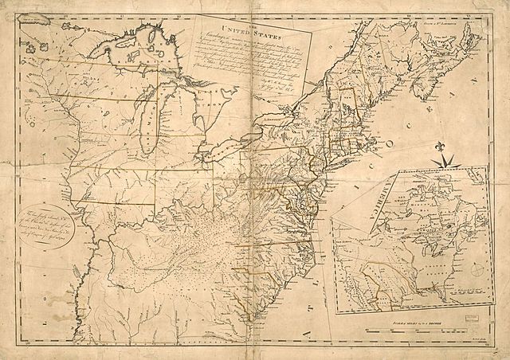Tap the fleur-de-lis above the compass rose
(441, 146)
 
